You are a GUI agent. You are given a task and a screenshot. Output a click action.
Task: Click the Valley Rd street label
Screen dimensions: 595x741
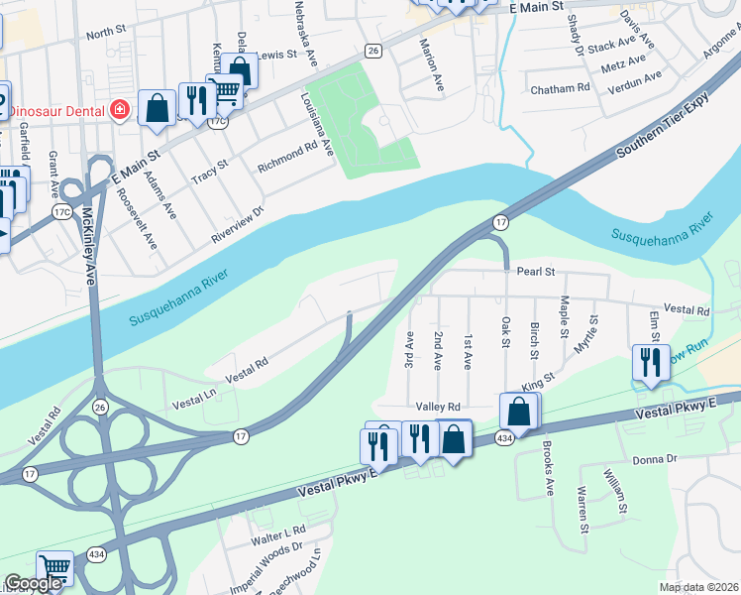point(438,407)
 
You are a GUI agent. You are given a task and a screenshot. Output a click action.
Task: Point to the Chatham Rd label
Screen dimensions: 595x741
point(561,89)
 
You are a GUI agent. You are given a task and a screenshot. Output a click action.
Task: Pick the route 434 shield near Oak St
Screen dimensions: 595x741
point(504,438)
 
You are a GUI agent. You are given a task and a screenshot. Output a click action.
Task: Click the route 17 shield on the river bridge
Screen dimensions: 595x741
point(501,222)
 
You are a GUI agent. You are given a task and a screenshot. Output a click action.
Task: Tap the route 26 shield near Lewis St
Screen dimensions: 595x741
point(372,51)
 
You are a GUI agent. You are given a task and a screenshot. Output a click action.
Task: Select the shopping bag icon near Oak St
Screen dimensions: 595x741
point(519,411)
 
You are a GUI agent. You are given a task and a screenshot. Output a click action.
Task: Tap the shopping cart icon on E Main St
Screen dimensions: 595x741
point(225,91)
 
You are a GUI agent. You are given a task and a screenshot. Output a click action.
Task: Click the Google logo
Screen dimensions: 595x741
point(34,583)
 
